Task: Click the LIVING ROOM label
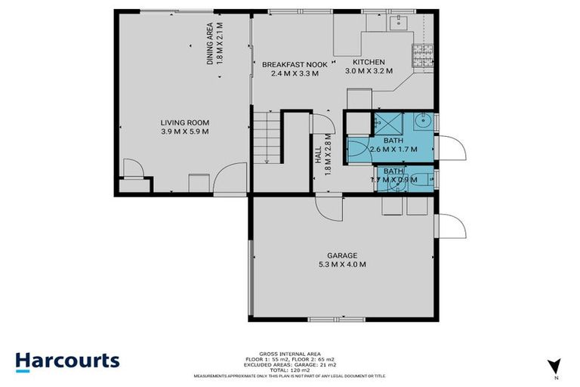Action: [x=184, y=122]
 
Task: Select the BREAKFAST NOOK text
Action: [x=295, y=65]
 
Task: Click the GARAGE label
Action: [x=342, y=255]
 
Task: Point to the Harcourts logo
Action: [x=68, y=360]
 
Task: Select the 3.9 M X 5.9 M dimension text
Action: [x=184, y=132]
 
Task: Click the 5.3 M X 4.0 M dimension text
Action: [x=342, y=265]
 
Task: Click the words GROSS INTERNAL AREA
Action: [x=290, y=351]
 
